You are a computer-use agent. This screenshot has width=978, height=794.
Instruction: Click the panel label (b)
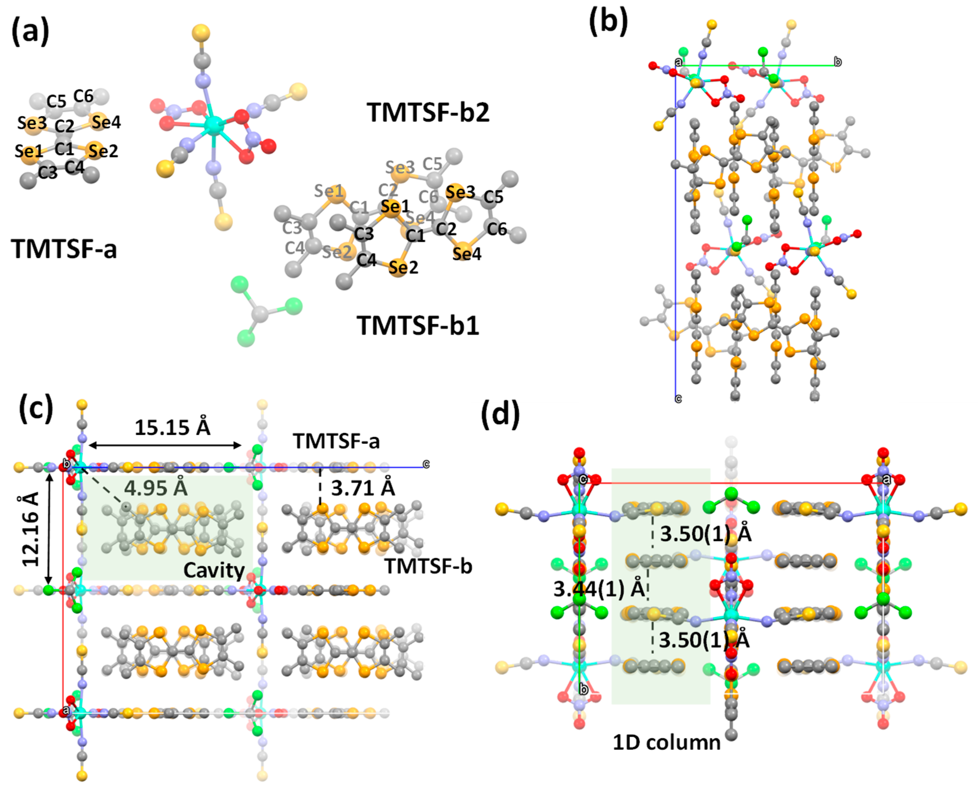point(608,21)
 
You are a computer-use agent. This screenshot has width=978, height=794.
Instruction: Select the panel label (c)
point(36,408)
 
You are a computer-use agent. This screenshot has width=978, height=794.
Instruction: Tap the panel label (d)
point(500,414)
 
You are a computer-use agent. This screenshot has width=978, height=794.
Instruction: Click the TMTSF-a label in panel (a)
point(64,249)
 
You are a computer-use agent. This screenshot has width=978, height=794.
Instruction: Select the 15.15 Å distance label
point(172,428)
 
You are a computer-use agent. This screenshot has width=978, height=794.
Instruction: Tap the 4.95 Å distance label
point(156,488)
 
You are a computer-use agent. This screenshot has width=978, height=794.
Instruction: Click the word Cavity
point(214,570)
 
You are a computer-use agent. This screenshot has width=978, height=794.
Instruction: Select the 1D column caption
point(666,742)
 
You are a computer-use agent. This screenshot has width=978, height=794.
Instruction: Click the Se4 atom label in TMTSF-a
point(106,122)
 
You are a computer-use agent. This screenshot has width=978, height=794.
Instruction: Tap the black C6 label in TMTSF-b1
point(497,229)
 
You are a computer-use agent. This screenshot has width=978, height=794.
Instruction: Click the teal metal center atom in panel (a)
point(214,124)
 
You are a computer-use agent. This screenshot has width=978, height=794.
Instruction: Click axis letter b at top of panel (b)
point(838,62)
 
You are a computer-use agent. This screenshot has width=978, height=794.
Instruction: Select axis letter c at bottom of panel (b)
point(679,399)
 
